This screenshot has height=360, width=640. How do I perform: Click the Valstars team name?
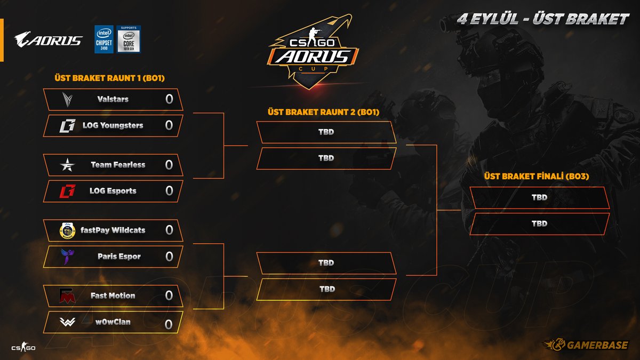113,99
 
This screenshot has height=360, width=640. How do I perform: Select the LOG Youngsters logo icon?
67,126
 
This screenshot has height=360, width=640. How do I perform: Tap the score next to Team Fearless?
169,165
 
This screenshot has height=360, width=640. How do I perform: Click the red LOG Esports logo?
67,191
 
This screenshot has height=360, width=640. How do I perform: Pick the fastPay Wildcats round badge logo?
68,230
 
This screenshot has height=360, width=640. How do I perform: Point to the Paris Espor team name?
119,257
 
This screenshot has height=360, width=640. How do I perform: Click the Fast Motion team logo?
68,295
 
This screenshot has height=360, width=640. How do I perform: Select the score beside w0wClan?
169,324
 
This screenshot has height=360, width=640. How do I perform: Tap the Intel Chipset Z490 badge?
104,39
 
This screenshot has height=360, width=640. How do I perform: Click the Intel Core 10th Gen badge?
129,39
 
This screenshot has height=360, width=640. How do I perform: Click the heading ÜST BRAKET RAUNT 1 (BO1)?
109,78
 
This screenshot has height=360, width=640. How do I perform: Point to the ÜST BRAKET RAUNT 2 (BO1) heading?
323,113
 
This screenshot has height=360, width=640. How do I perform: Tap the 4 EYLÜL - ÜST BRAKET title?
543,20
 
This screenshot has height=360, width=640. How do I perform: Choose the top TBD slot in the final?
539,197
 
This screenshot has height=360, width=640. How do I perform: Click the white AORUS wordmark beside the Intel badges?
49,40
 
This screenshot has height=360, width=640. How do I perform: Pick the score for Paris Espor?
169,257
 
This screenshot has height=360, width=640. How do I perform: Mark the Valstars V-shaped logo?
68,99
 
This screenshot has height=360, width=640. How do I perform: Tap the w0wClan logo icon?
68,322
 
